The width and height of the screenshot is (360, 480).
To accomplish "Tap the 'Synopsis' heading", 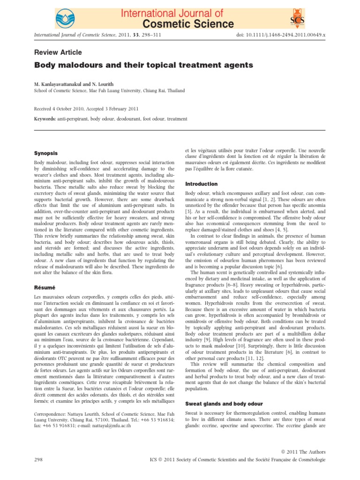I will (x=46, y=153).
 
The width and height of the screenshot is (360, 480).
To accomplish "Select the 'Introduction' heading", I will (x=202, y=184).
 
